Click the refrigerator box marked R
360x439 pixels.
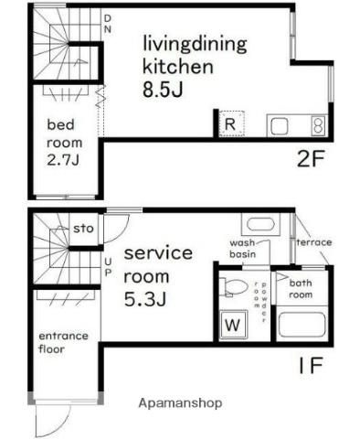pos(232,123)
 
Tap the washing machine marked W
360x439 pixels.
pos(233,325)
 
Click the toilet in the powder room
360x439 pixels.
pos(233,286)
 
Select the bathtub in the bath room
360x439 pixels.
pos(302,324)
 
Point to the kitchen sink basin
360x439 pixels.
pos(280,126)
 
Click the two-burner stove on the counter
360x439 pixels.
pos(318,126)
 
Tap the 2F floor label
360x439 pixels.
pos(310,158)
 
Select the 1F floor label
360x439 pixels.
pos(311,365)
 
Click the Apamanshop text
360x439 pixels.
pos(180,403)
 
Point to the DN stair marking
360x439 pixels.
pos(108,24)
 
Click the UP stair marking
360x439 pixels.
pos(108,267)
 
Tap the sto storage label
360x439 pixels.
pos(83,228)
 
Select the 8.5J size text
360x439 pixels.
pos(163,89)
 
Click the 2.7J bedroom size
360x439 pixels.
pos(63,160)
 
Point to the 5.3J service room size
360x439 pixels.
pos(145,298)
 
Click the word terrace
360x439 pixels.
pos(314,242)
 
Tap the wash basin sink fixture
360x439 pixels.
pos(260,224)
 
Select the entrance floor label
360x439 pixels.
pos(63,342)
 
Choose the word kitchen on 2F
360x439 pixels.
pos(178,67)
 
